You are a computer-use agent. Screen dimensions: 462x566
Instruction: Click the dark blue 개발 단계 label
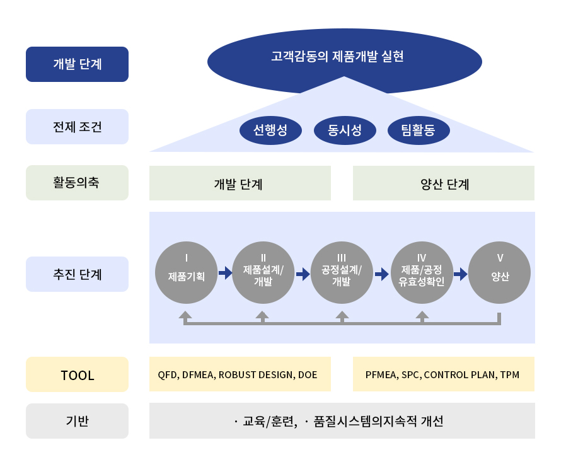coord(77,64)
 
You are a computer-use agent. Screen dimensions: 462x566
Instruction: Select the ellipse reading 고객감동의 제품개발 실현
coord(344,58)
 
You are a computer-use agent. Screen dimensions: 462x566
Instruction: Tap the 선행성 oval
coord(270,131)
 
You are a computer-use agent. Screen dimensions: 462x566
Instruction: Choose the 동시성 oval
coord(345,131)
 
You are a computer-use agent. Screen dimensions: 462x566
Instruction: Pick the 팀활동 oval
coord(419,131)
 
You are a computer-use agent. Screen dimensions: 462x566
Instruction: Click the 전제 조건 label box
coord(77,127)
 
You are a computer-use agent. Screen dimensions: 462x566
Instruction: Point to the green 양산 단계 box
coord(443,183)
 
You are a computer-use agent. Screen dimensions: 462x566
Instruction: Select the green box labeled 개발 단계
coord(240,183)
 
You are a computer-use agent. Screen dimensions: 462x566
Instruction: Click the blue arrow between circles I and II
coord(225,274)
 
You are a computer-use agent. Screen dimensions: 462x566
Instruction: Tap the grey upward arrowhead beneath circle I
coord(185,315)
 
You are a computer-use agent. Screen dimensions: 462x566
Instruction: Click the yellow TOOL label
coord(77,375)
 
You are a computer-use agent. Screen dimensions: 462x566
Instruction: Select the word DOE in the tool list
coord(308,375)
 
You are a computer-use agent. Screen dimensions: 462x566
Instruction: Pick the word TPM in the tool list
coord(510,375)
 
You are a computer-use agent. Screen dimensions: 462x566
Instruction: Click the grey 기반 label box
coord(77,421)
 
